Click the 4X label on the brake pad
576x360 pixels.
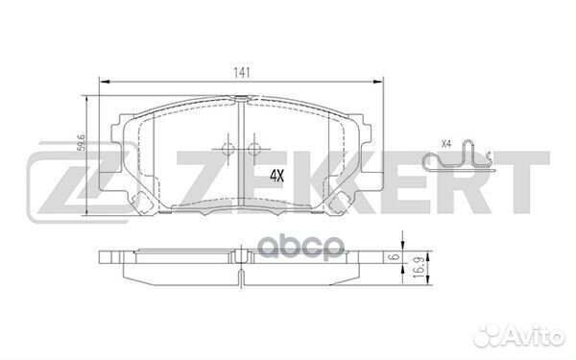pos(277,176)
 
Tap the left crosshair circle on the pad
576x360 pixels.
pos(226,148)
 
